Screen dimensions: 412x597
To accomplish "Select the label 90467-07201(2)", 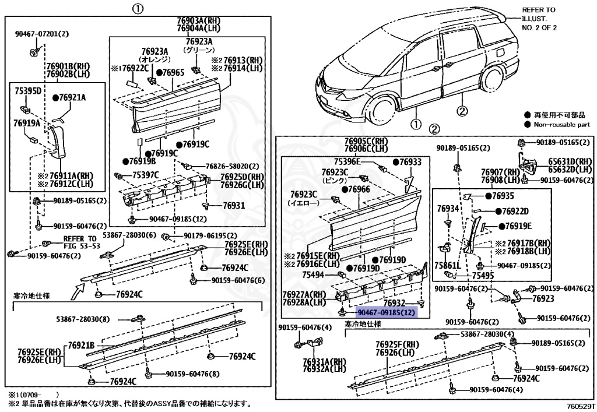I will tap(41, 34).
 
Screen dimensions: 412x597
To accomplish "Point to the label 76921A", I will tap(72, 97).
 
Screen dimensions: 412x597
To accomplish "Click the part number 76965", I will tap(173, 73).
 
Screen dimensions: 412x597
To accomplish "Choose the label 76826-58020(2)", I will tap(224, 166).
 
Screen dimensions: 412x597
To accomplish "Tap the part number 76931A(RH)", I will tap(324, 361).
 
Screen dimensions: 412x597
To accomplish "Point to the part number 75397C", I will tap(145, 174).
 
